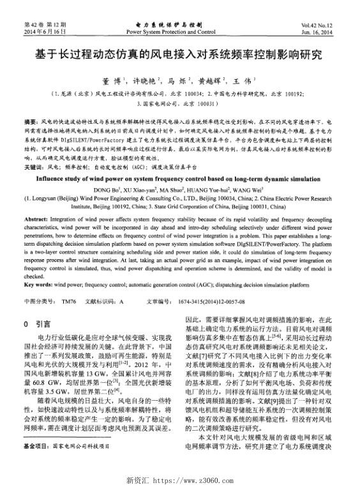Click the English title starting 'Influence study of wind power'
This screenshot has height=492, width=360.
coord(179,180)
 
